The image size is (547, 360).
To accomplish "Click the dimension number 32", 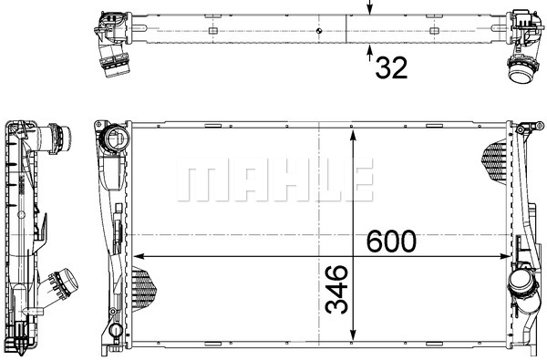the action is (391, 67).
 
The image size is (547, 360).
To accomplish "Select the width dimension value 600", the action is (391, 241).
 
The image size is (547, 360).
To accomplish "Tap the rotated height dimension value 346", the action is (336, 289).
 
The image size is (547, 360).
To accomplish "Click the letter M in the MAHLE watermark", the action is (198, 180).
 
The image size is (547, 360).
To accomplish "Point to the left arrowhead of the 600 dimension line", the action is (139, 256).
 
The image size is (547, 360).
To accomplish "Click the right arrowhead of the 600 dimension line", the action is (505, 256).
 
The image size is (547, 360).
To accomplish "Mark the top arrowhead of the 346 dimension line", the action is (354, 136).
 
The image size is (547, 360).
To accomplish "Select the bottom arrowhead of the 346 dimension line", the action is (354, 334).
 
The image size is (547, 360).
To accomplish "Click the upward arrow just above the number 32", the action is (370, 53).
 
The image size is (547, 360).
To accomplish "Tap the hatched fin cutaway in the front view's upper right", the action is (495, 160).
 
